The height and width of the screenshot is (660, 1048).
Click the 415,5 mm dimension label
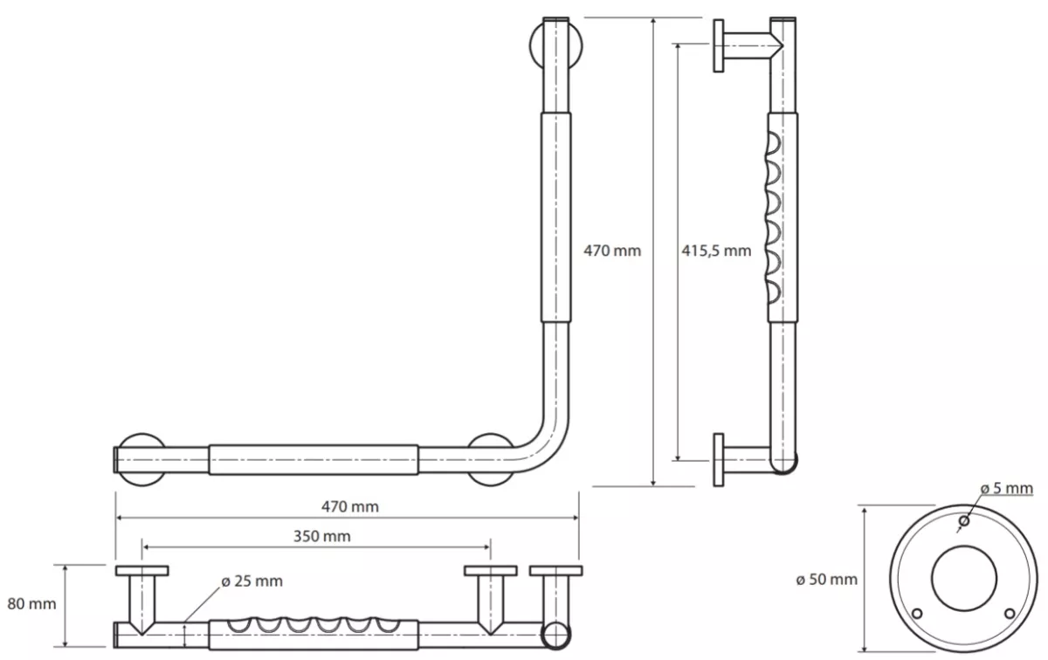coord(716,251)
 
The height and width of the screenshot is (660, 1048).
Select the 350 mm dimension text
coord(322,536)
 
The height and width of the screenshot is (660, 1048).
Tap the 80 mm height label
coord(31,604)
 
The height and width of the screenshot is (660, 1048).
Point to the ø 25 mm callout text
coord(252,581)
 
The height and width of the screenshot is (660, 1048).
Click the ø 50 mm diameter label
coord(827,580)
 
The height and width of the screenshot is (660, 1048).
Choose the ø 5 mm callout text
coord(1007,488)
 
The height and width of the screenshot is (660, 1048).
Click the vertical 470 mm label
coord(612,251)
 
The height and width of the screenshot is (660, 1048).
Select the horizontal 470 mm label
coord(350,506)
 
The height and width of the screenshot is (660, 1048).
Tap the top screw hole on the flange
coord(964,520)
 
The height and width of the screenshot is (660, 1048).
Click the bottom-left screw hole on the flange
coord(918,613)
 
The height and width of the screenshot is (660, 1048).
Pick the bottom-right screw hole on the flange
coord(1010,613)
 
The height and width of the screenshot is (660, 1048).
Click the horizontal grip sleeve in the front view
coord(314,460)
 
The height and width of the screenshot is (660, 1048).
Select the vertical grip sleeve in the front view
coord(555,217)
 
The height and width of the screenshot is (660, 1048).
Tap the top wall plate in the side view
coord(719,46)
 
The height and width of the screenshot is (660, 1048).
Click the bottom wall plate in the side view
coord(719,460)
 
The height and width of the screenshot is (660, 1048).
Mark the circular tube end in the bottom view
coord(555,636)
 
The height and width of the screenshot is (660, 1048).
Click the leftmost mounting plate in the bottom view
coord(142,571)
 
